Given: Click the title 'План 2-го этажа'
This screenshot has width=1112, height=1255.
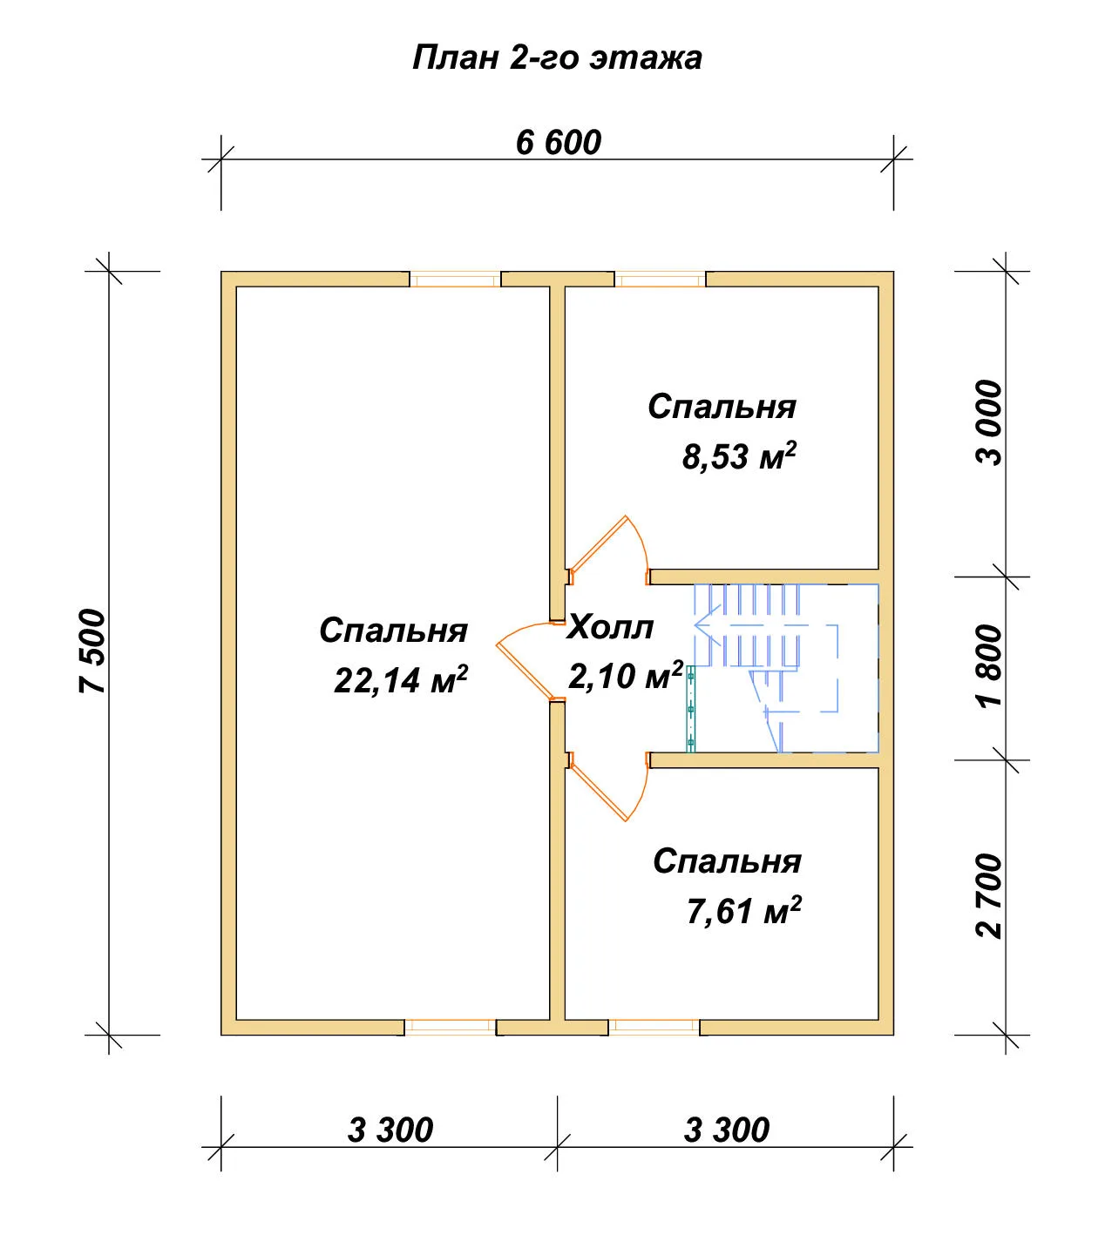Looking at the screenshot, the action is click(x=557, y=58).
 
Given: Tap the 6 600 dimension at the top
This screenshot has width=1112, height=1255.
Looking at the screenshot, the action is click(x=558, y=142).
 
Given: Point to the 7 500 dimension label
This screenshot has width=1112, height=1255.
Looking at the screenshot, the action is click(x=93, y=651).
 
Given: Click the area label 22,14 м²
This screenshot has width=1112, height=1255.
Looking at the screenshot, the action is click(x=400, y=679).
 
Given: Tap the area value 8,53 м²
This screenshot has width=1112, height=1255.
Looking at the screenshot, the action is click(x=739, y=455).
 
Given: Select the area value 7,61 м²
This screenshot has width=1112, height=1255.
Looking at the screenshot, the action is click(x=744, y=909).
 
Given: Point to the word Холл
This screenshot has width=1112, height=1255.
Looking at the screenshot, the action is click(x=611, y=626).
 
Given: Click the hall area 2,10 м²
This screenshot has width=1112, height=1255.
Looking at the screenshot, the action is click(x=626, y=675).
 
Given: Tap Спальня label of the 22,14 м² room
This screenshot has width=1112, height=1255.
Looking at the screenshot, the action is click(x=393, y=631).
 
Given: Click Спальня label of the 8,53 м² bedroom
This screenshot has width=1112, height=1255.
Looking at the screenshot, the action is click(x=722, y=407).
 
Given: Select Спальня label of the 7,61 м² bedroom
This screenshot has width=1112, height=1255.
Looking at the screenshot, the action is click(x=727, y=861).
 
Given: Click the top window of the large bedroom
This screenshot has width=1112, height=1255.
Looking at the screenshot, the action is click(x=455, y=280).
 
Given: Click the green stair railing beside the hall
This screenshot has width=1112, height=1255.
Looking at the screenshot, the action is click(x=690, y=709).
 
